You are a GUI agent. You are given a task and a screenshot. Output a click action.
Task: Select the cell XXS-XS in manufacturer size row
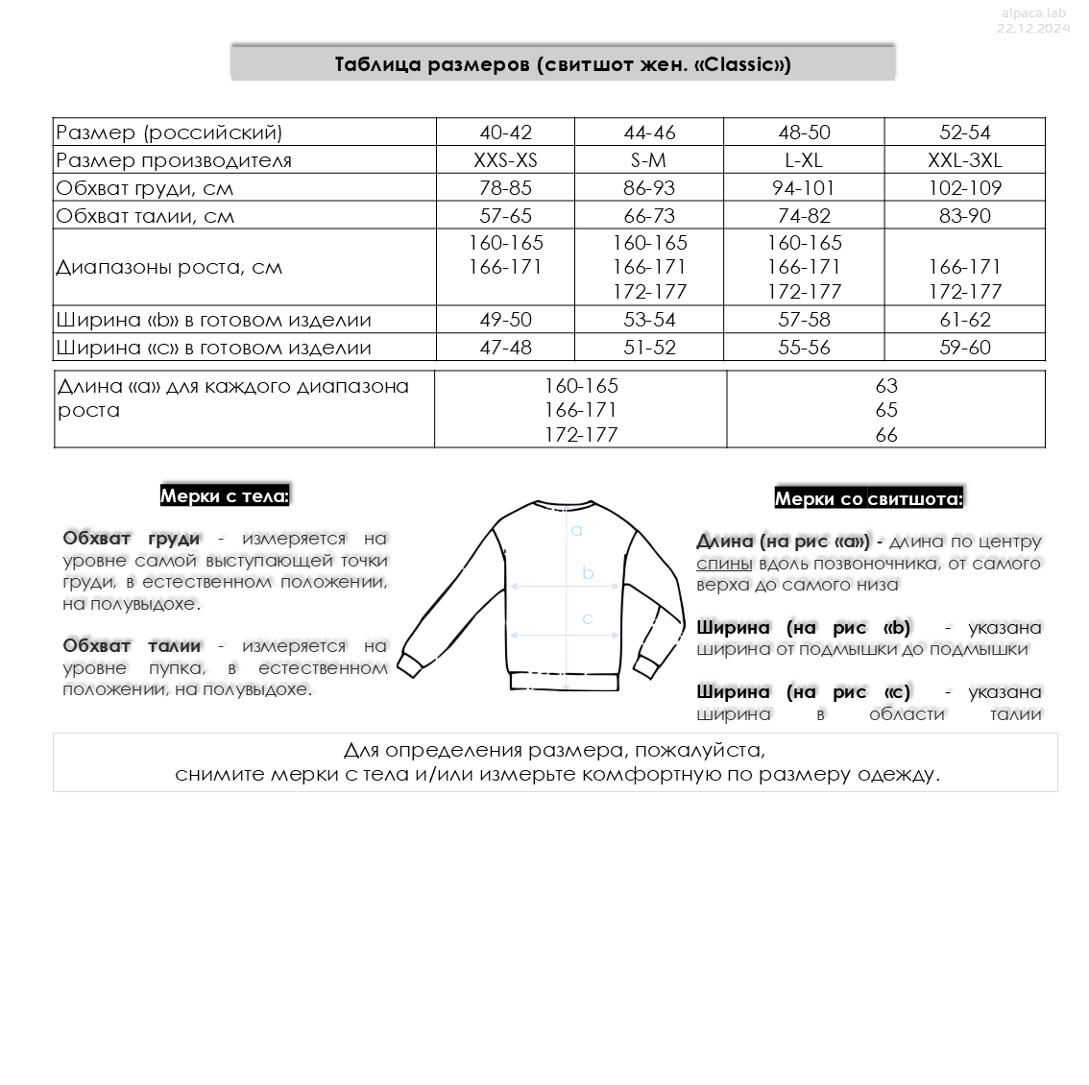pyautogui.click(x=505, y=160)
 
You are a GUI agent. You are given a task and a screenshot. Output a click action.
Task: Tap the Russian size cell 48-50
pyautogui.click(x=804, y=133)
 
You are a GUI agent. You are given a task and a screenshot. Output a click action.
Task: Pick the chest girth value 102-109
pyautogui.click(x=964, y=188)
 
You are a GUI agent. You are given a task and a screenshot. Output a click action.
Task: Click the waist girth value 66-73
pyautogui.click(x=649, y=216)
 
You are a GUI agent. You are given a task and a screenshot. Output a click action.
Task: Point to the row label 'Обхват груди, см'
pyautogui.click(x=145, y=188)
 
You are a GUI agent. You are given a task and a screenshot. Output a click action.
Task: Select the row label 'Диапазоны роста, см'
pyautogui.click(x=169, y=268)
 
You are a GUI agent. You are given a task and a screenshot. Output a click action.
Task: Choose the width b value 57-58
pyautogui.click(x=804, y=320)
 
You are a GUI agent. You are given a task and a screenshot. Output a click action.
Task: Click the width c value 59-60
pyautogui.click(x=964, y=348)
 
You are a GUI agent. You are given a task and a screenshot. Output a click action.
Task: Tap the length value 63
pyautogui.click(x=885, y=386)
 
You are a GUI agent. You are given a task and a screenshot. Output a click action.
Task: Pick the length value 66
pyautogui.click(x=885, y=435)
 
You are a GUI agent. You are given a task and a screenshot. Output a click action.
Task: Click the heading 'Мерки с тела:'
pyautogui.click(x=224, y=496)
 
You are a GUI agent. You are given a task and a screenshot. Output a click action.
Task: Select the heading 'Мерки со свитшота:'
pyautogui.click(x=868, y=499)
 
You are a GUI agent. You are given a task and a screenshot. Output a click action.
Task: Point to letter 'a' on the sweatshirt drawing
pyautogui.click(x=576, y=530)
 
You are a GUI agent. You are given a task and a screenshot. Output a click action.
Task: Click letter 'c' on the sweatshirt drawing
pyautogui.click(x=588, y=618)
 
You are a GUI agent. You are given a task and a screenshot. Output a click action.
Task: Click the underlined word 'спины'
pyautogui.click(x=724, y=564)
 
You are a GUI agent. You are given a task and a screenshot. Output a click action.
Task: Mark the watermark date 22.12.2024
pyautogui.click(x=1032, y=29)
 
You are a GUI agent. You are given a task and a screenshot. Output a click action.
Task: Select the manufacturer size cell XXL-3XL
pyautogui.click(x=964, y=160)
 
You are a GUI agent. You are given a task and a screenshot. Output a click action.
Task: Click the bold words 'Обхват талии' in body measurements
pyautogui.click(x=132, y=646)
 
